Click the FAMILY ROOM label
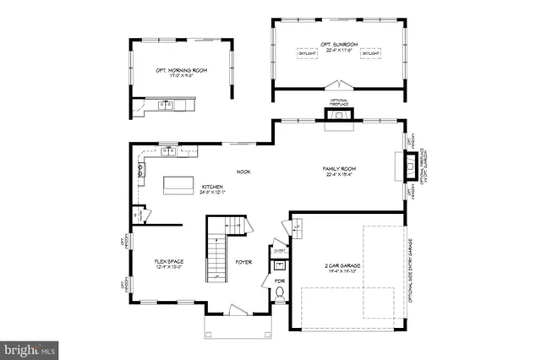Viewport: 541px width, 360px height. click(336, 169)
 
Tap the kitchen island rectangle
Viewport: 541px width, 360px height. click(178, 183)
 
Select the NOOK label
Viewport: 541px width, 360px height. click(243, 172)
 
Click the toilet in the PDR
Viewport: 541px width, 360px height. click(281, 294)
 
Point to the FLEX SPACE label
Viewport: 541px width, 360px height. click(168, 263)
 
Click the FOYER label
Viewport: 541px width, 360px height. click(243, 263)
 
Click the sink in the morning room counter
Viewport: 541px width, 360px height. click(167, 106)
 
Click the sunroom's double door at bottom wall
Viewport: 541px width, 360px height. click(339, 85)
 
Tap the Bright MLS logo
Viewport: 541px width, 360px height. click(30, 347)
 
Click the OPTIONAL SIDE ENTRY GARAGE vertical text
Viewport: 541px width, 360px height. click(412, 267)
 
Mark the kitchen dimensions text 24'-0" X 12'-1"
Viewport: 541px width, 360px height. click(212, 193)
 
